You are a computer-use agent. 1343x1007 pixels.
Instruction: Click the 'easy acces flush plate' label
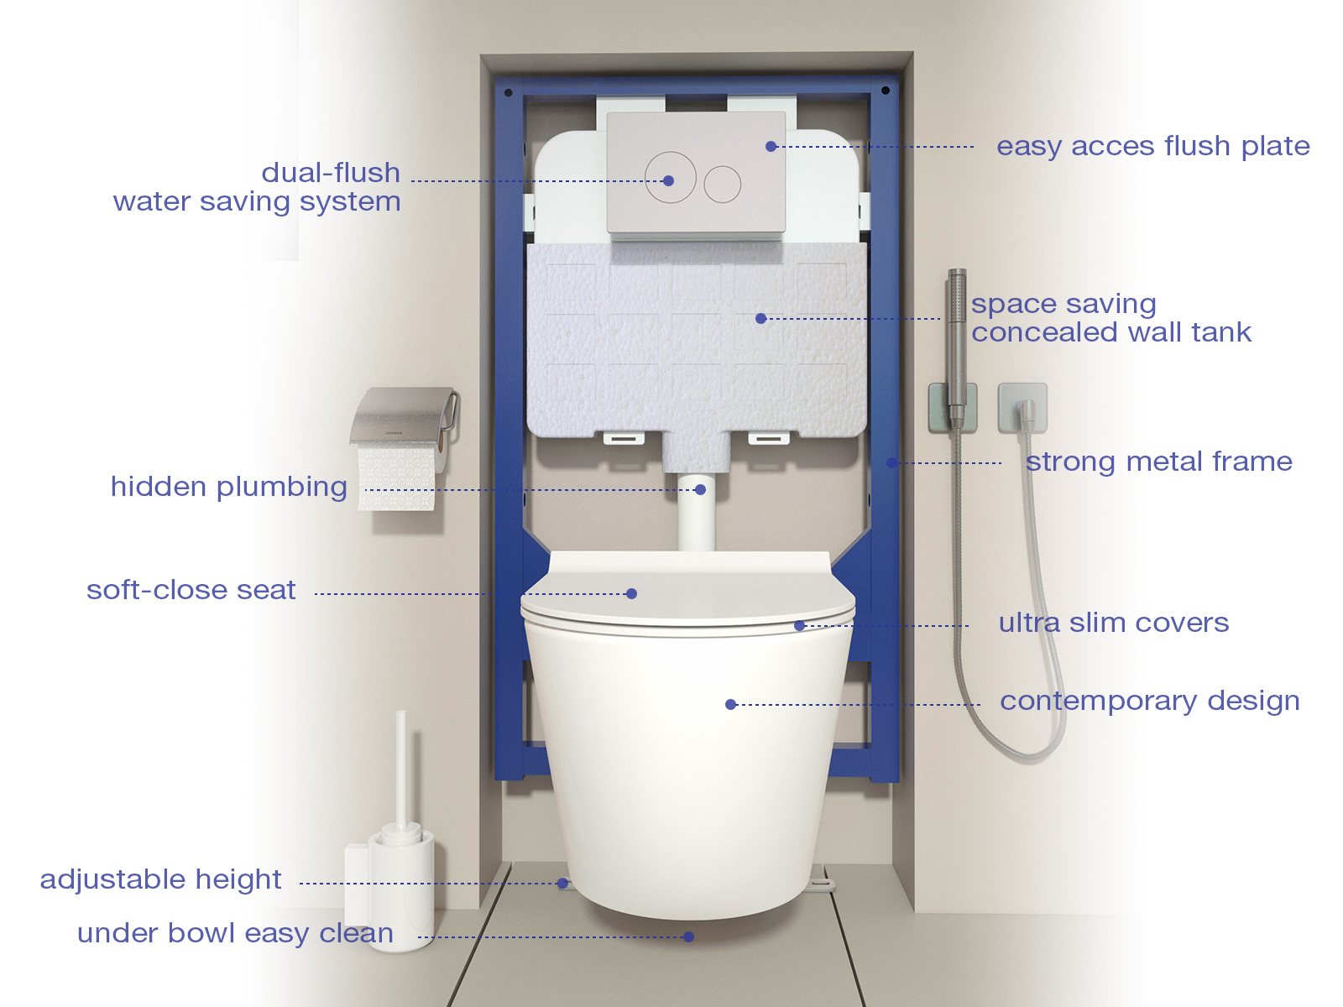pos(1153,148)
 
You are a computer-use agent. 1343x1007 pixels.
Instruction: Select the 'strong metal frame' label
pos(1159,462)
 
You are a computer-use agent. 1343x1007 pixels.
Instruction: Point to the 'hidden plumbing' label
pos(229,488)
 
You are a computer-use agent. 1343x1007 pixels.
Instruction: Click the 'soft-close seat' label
pos(191,590)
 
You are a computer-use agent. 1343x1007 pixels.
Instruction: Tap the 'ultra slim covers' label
pos(1114,623)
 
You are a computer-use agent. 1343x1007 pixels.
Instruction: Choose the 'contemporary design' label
pos(1150,702)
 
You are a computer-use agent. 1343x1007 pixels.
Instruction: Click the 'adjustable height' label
pos(160,879)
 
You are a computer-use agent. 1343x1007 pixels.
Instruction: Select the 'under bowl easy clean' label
pos(235,934)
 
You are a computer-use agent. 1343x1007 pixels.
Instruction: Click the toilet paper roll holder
pos(404,415)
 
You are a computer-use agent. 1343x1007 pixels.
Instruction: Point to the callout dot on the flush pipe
pos(701,490)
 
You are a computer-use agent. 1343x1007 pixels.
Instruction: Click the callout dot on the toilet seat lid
pos(632,593)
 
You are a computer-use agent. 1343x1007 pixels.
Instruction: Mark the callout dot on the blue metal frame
pos(892,463)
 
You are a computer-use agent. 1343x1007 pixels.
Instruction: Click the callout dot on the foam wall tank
pos(760,319)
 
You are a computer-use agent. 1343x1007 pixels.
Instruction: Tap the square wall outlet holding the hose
pos(1022,408)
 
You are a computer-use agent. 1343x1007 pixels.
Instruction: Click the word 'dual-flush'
pos(331,173)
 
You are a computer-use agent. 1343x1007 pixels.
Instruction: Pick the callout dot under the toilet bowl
pos(688,937)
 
